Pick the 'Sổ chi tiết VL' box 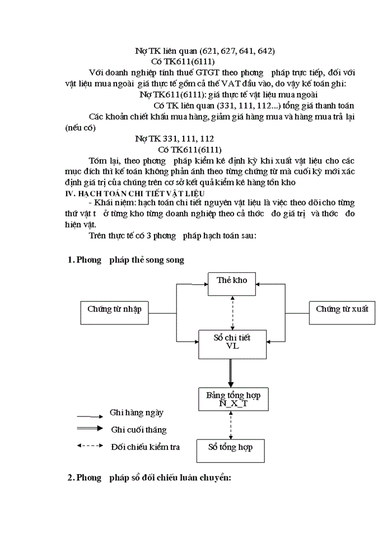(232, 342)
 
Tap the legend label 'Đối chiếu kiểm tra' (145, 447)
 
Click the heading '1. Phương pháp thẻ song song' (125, 260)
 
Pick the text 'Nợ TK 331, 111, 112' (175, 138)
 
